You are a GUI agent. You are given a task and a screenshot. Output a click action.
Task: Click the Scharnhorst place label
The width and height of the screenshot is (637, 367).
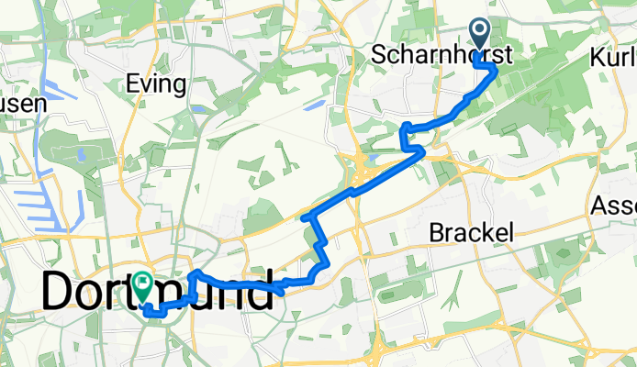441,56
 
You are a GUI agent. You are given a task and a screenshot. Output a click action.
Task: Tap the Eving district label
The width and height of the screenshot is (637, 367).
158,85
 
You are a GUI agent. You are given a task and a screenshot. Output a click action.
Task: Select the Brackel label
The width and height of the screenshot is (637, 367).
471,233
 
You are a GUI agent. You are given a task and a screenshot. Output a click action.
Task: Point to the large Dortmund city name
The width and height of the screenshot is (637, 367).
158,292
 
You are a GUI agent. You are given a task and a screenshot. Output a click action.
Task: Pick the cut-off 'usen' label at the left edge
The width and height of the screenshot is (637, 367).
22,104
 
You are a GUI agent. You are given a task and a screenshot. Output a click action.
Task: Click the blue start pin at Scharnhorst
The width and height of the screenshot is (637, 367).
481,35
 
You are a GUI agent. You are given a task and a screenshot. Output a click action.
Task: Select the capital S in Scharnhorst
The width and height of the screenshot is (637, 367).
379,56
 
